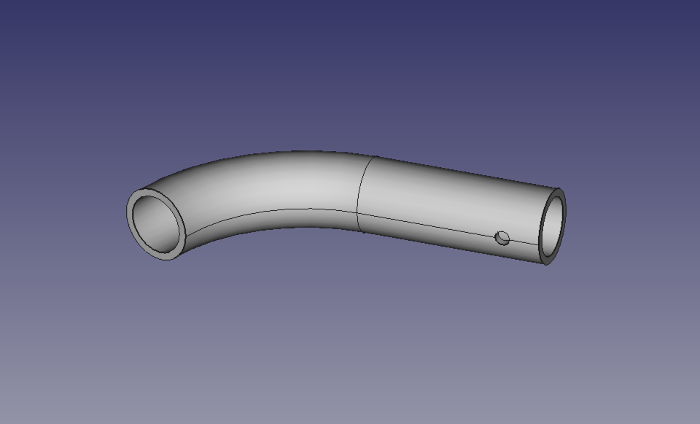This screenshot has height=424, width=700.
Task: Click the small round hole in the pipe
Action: click(502, 238)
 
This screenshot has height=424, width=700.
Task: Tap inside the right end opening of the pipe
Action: click(553, 226)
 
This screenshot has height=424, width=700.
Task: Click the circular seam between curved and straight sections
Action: click(359, 182)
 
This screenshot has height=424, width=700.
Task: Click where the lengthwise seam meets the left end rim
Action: click(185, 235)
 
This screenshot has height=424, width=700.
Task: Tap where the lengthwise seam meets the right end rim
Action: click(540, 245)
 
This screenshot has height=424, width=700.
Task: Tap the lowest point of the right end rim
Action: click(546, 264)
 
